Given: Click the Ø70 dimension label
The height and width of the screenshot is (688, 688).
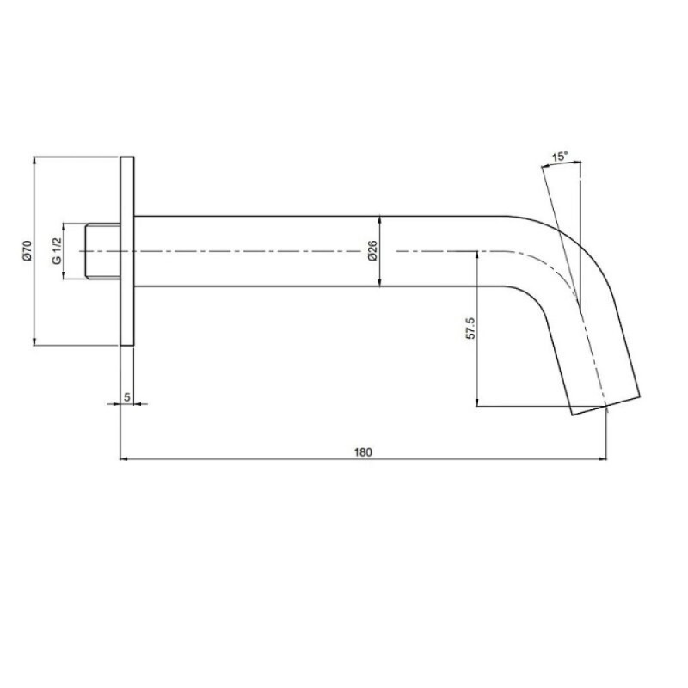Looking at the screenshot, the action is coord(28,251).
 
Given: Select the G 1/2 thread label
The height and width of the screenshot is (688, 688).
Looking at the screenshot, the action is coord(57,251).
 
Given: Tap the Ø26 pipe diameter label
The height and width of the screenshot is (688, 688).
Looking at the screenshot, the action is coord(372,251).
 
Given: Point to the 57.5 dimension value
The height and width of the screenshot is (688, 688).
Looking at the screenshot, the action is coord(470,329).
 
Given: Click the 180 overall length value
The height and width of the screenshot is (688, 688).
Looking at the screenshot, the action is coord(363,452).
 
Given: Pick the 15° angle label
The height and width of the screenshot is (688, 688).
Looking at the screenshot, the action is coord(560,157).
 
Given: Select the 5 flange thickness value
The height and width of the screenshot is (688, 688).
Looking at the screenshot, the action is coord(126,397).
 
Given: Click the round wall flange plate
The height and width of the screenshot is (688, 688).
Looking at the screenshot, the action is coord(127,251).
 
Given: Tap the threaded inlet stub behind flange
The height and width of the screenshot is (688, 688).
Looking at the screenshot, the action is coord(102,251).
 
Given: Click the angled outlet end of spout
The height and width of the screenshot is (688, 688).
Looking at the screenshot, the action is coord(605,405).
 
